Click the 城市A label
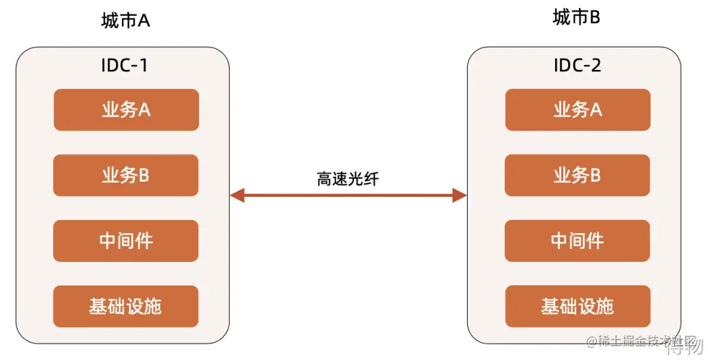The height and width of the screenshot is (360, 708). pos(126,21)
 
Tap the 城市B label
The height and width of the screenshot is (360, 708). pos(576,18)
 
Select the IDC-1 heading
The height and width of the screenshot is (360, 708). pos(124,66)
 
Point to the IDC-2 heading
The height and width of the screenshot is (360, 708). pos(577,66)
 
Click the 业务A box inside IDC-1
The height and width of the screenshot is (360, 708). pos(126,110)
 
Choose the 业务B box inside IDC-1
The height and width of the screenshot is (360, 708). pos(126,176)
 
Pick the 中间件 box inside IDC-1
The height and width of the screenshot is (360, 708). pos(126,241)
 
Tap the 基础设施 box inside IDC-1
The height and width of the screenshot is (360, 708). pos(126,306)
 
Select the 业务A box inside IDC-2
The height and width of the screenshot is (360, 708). pos(578,110)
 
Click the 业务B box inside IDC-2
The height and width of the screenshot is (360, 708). pos(578,176)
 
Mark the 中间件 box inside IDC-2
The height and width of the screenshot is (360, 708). pos(578,241)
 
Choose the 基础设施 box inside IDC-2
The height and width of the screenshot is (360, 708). pos(578,306)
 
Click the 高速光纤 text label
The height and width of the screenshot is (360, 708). pos(348,179)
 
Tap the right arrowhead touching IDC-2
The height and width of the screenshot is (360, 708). pos(460,196)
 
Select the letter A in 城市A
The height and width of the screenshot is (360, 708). pos(144,21)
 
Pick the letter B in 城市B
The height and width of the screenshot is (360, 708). pos(594,18)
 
